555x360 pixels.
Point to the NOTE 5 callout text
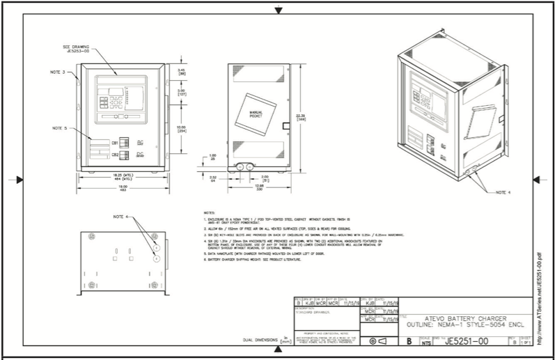click(x=61, y=129)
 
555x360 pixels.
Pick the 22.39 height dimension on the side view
click(x=299, y=116)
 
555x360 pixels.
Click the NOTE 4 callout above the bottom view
click(x=122, y=217)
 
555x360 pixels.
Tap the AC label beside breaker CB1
click(x=140, y=141)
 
